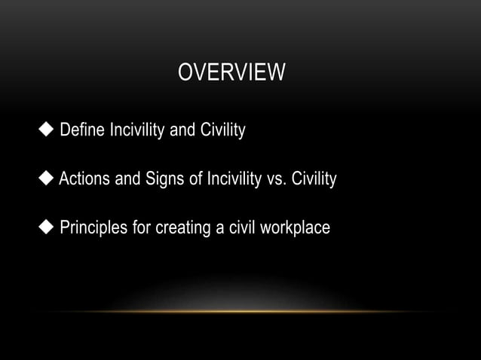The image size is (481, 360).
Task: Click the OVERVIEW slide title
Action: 231,74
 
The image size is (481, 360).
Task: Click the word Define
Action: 83,133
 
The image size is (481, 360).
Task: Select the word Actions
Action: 85,180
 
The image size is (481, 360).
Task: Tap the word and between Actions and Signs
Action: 127,180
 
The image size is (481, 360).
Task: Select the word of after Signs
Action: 190,180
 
